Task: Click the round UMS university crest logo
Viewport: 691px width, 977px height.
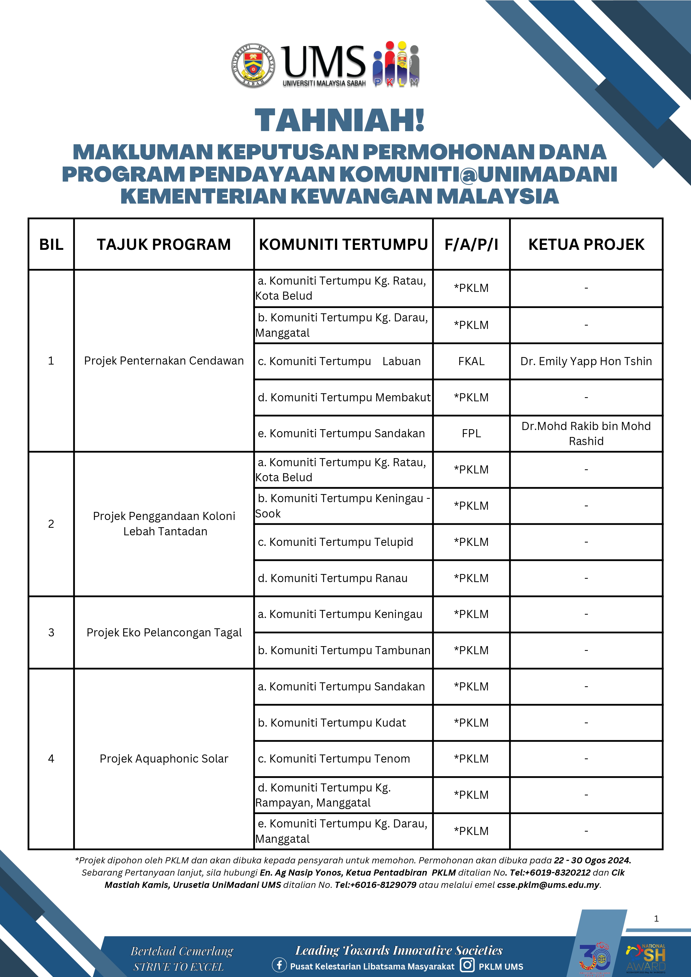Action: (253, 66)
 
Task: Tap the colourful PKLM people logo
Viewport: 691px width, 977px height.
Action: (396, 65)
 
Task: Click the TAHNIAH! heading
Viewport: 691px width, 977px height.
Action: (340, 120)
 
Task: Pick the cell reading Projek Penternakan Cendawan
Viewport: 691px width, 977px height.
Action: (164, 361)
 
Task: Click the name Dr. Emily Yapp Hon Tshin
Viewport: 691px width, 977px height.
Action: (586, 361)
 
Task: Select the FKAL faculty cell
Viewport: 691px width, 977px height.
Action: (471, 361)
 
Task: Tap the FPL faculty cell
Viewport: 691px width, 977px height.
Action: (471, 434)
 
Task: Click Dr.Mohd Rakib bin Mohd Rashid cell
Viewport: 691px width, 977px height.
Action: (586, 434)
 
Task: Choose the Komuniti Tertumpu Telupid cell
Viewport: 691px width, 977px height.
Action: (335, 542)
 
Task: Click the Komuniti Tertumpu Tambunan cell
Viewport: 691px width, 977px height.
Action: (344, 651)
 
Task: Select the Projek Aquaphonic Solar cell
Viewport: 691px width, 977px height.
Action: (164, 759)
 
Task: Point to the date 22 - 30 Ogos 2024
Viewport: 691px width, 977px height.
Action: (592, 860)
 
